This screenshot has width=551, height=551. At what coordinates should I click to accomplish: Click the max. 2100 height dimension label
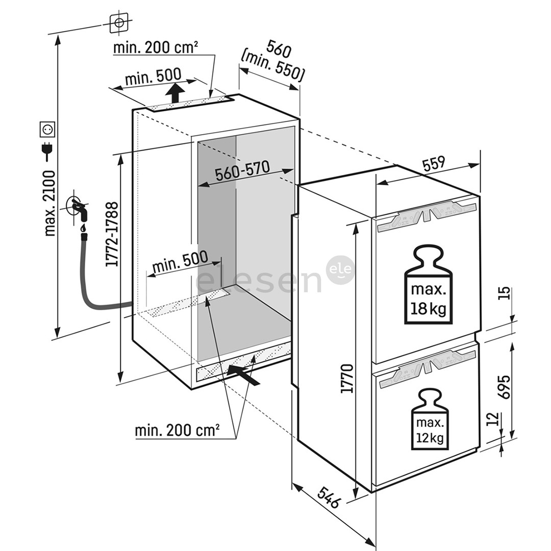[x=49, y=203]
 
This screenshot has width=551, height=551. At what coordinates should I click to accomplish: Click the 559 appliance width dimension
[x=434, y=163]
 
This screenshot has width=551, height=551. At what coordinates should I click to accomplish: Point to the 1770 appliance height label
[x=347, y=378]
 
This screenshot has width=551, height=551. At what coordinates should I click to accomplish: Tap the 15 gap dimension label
[x=504, y=294]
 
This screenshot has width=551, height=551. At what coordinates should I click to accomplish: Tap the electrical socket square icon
[x=47, y=129]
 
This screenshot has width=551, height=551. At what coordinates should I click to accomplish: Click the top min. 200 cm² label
[x=155, y=48]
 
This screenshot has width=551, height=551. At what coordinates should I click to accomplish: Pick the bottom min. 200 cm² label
[x=177, y=430]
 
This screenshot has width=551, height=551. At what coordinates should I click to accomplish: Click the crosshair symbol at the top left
[x=119, y=22]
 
